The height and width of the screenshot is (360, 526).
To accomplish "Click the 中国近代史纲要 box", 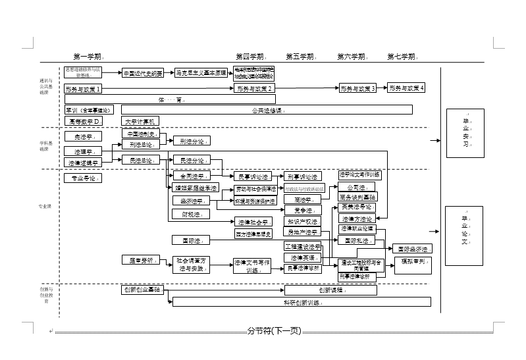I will tap(143, 73).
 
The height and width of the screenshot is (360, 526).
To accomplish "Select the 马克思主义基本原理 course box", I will tap(201, 73).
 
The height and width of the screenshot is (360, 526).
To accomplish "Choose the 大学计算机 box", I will tap(140, 121).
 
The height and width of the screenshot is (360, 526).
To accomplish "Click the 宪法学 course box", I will tap(84, 137).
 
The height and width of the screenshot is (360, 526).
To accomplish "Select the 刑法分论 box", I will tap(192, 141).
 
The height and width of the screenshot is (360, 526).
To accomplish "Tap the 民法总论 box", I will tap(141, 160).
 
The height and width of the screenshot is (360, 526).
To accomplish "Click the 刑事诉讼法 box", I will tap(303, 176).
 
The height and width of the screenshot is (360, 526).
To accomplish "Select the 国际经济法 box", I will tap(413, 249).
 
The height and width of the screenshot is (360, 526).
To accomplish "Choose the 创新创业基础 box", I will tap(143, 290).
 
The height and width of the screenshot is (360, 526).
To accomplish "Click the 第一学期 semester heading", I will tap(88, 57).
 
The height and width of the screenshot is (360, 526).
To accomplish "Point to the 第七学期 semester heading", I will tap(402, 57).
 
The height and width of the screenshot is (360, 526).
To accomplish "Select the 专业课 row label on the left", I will tap(45, 207).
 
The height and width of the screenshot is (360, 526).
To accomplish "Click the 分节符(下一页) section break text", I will tap(274, 331).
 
